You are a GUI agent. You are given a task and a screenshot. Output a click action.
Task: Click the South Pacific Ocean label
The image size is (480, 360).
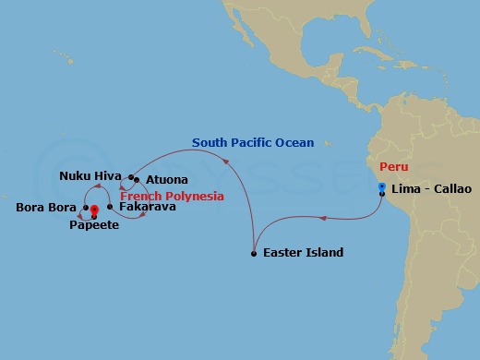pos(253,142)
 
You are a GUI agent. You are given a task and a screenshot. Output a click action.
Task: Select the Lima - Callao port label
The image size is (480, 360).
pos(431,189)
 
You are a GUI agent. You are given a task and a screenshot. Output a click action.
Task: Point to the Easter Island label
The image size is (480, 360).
pos(303,253)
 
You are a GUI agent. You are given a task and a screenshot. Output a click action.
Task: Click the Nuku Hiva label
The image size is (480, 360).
pos(88,175)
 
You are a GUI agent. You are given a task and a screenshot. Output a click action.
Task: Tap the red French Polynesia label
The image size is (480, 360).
pos(172,196)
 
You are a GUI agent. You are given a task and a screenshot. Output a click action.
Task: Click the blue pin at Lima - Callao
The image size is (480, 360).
pos(381,186)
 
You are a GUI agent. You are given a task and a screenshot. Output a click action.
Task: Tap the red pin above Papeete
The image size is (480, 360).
pos(94,210)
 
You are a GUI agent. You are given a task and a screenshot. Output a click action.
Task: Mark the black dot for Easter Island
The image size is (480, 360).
pos(253,253)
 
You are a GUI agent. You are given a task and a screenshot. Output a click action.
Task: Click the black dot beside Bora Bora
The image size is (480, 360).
pos(86,208)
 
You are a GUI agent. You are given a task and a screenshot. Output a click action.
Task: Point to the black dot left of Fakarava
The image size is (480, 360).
pos(110,207)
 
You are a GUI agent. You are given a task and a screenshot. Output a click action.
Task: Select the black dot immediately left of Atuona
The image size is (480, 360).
pos(136,179)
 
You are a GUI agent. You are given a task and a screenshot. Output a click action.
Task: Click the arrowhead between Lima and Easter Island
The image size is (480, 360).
pos(322,219)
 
